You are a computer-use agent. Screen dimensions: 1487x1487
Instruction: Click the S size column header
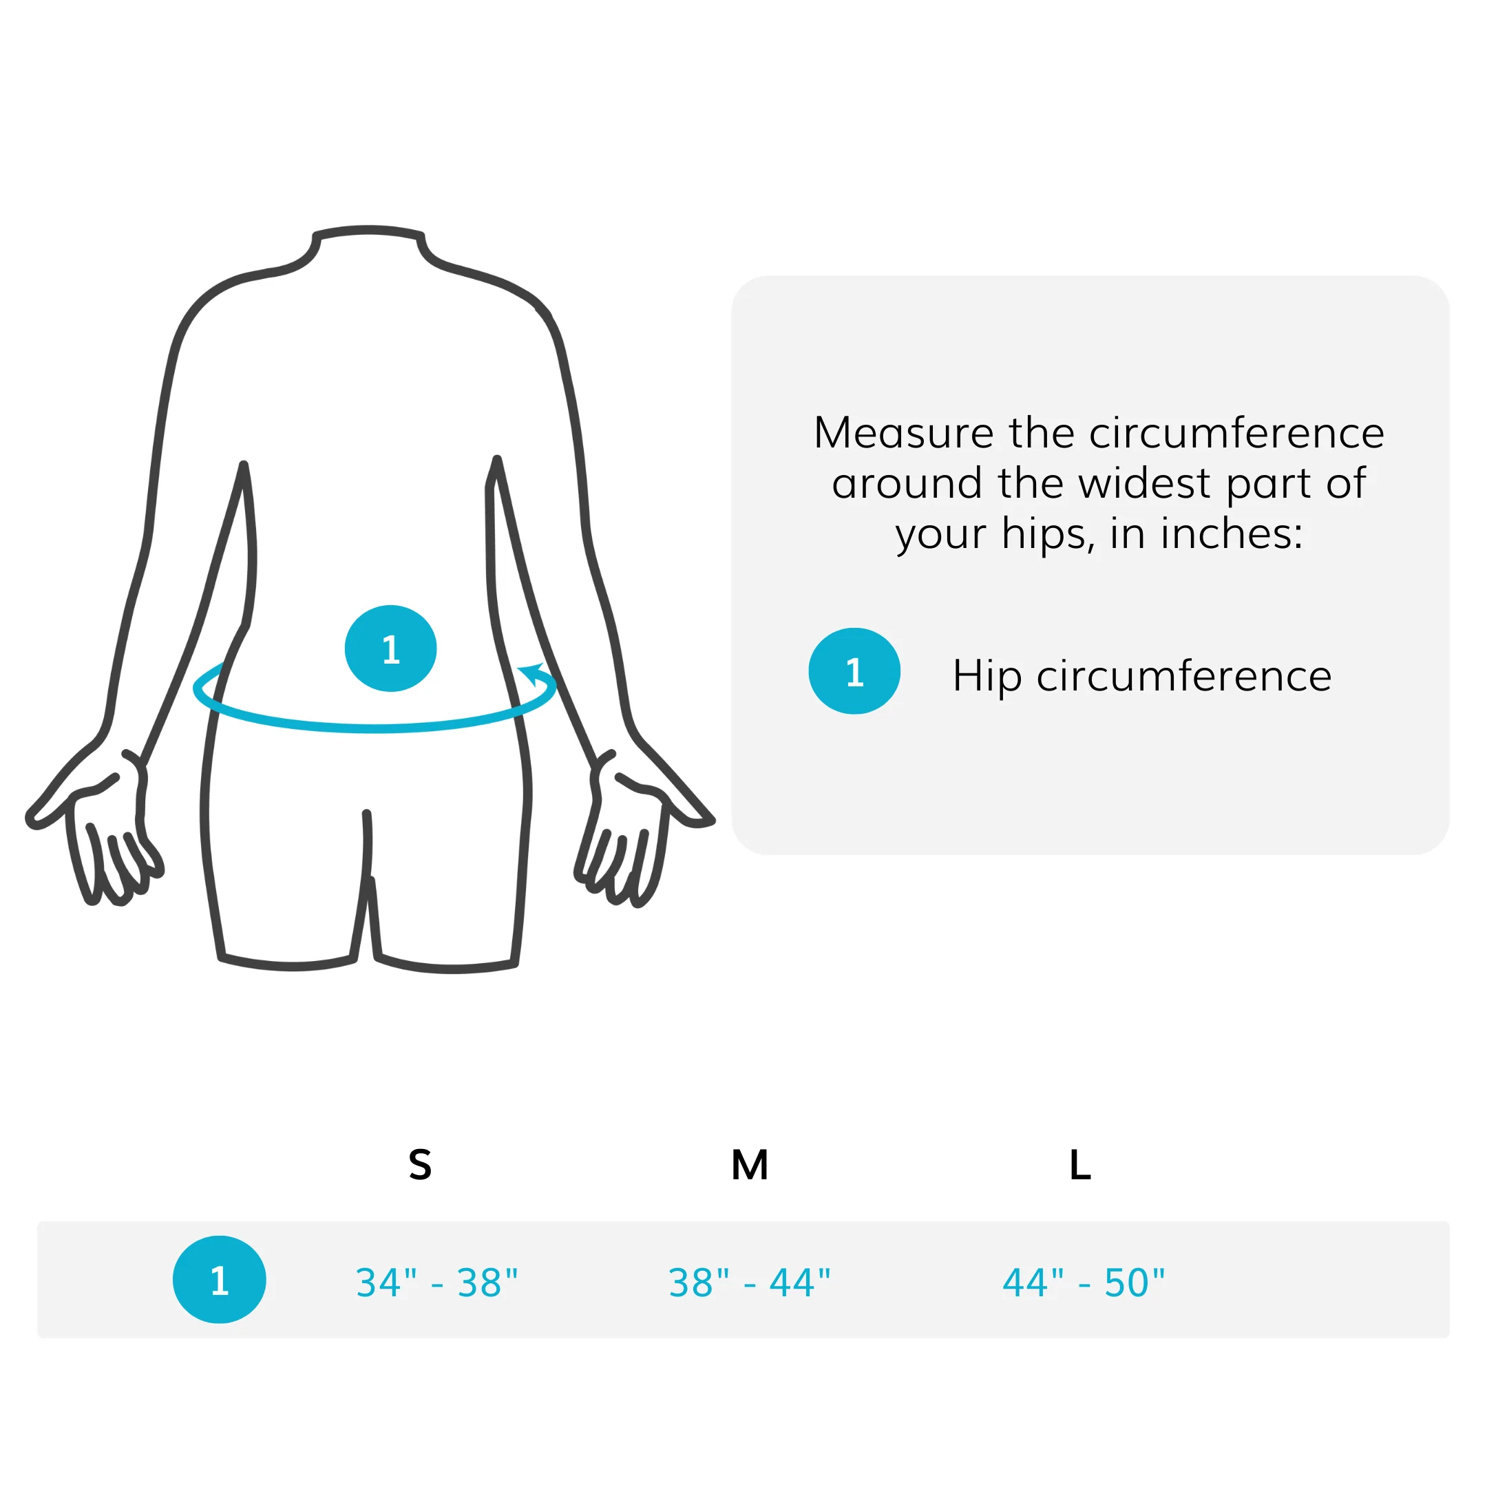[420, 1165]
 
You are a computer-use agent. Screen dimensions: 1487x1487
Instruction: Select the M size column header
[750, 1165]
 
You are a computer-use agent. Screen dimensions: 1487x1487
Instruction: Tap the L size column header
[1080, 1165]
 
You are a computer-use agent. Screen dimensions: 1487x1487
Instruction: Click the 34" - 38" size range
[436, 1283]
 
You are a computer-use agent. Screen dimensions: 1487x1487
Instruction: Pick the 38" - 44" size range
[750, 1283]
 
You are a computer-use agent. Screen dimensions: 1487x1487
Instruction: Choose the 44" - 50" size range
[1084, 1283]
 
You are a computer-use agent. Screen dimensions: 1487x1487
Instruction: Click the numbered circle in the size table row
[220, 1280]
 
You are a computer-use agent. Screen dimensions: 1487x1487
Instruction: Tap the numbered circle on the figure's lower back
[391, 648]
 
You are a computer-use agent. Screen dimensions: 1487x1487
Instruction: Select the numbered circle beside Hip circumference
[854, 671]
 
